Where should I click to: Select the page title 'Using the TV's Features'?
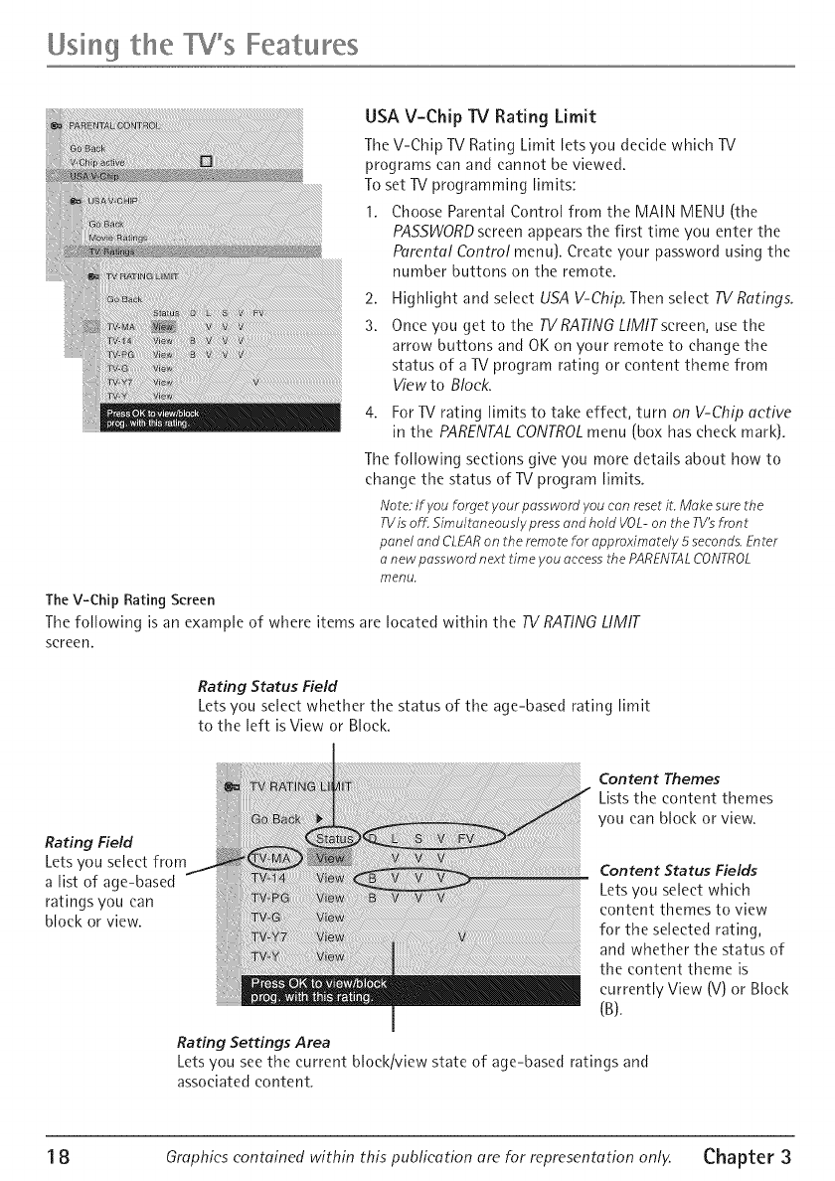pyautogui.click(x=189, y=45)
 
